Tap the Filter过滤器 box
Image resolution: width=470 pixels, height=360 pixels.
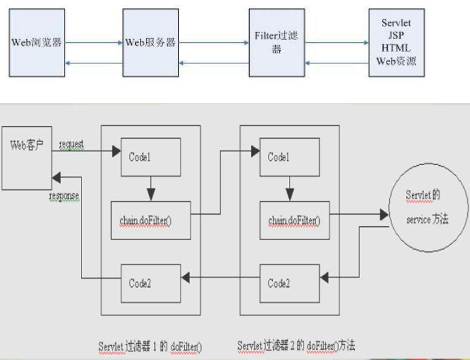point(277,43)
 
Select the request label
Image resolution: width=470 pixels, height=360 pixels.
point(71,145)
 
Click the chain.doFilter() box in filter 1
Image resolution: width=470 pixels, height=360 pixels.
point(151,217)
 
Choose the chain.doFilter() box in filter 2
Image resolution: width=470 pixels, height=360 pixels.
point(294,217)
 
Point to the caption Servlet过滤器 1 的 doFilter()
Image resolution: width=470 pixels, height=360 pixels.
point(151,347)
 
